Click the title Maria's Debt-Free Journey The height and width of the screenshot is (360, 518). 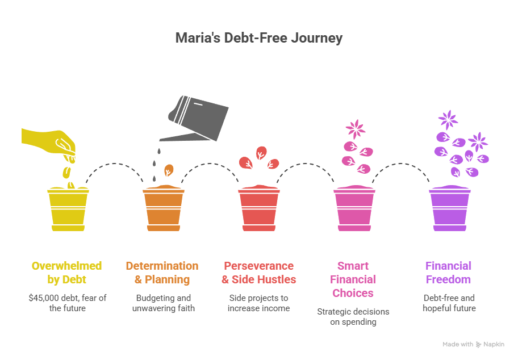(258, 38)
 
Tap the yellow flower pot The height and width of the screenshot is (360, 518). (68, 210)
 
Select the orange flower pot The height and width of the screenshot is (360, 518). (163, 210)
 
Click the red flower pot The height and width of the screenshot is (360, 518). (258, 210)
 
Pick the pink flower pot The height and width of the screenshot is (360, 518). (354, 210)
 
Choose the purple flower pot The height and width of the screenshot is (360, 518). (449, 210)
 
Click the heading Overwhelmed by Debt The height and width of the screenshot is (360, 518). (67, 273)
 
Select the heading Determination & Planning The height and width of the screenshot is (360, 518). (162, 273)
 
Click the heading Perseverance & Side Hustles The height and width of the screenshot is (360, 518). (258, 273)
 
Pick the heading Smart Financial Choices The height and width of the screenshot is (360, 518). (353, 279)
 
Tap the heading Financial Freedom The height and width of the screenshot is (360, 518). (449, 273)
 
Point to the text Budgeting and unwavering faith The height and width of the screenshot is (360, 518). (162, 303)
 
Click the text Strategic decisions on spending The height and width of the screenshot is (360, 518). (353, 317)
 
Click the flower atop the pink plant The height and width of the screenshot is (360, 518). (356, 128)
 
